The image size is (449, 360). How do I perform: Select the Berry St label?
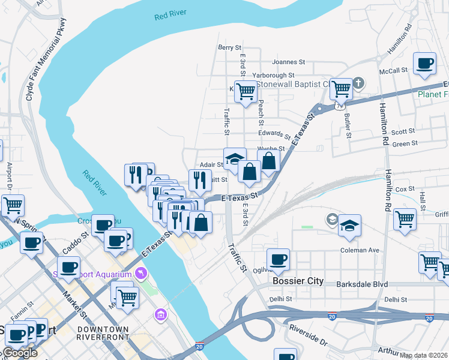point(229,47)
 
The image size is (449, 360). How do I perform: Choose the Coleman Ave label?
point(360,250)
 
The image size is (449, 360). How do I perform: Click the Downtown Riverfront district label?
point(103,333)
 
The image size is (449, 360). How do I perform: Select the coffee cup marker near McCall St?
point(425,64)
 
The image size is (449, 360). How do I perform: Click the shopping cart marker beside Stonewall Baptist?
point(341,89)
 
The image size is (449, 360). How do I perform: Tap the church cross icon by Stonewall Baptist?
point(358,83)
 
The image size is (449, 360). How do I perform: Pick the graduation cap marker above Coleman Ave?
point(349,226)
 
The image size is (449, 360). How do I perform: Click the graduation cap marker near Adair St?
point(235,159)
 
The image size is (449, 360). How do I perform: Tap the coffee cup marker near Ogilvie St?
point(278,260)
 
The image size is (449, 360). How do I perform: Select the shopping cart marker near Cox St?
point(405,218)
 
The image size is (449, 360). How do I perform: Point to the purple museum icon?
point(160,314)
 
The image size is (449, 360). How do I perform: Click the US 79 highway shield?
point(340,105)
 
